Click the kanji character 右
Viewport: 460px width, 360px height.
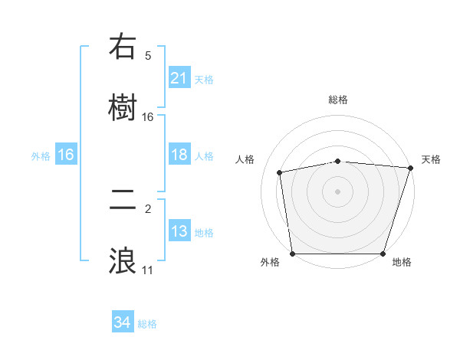coord(123,47)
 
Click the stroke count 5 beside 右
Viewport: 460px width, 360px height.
coord(148,55)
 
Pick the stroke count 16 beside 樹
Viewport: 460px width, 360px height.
coord(148,116)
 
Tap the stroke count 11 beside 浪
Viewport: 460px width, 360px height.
coord(148,270)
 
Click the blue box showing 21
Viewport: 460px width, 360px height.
coord(179,78)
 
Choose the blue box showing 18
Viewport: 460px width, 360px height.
coord(179,155)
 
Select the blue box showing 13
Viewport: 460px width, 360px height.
coord(179,231)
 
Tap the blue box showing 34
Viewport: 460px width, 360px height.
coord(122,323)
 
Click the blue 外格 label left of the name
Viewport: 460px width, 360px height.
coord(41,156)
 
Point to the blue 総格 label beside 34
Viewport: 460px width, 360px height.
coord(147,324)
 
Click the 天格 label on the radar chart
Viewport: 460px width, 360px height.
coord(431,159)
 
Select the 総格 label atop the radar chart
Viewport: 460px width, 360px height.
coord(338,100)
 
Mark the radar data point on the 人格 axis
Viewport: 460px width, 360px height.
coord(281,172)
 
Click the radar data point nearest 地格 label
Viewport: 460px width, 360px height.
coord(383,254)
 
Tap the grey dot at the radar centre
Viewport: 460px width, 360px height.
coord(338,191)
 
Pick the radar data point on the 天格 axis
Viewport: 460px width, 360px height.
coord(410,168)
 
